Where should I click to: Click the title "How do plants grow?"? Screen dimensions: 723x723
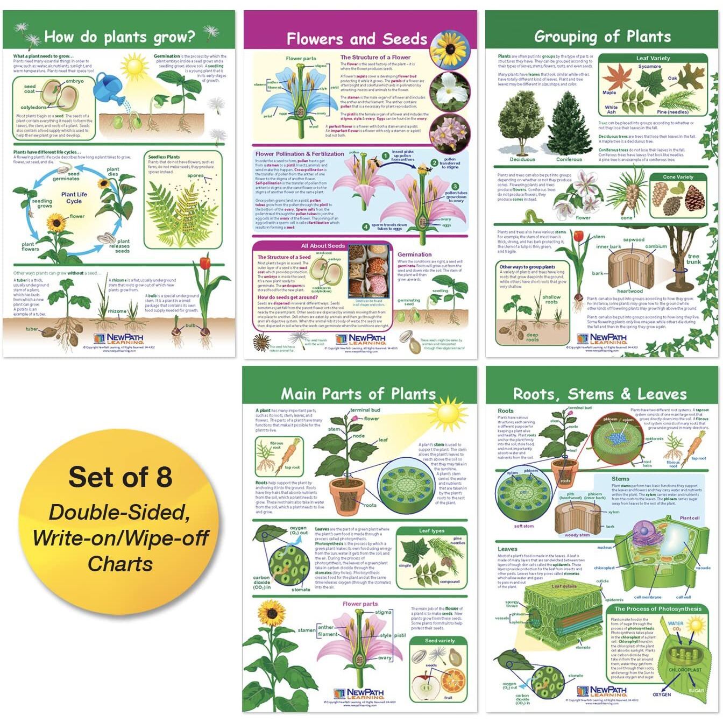click(119, 37)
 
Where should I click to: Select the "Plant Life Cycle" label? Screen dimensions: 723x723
click(74, 197)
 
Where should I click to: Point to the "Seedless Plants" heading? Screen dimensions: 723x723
click(164, 157)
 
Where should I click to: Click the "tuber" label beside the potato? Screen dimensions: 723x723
click(32, 329)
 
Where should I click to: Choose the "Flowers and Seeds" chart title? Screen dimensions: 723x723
click(357, 39)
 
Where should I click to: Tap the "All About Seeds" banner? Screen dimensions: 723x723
click(323, 246)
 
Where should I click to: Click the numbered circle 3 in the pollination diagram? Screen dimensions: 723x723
click(455, 186)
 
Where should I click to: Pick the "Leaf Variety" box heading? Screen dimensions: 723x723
click(653, 58)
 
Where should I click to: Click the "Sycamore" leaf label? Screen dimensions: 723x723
click(649, 67)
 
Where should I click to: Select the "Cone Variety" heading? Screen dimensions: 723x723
click(678, 177)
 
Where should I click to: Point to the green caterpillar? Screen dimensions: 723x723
click(534, 217)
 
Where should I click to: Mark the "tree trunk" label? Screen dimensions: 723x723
click(694, 259)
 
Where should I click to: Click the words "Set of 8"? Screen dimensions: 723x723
click(120, 477)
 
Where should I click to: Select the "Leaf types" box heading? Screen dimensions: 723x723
click(431, 531)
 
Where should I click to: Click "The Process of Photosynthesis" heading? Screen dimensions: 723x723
click(658, 609)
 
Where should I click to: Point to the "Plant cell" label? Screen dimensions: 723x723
click(689, 518)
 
